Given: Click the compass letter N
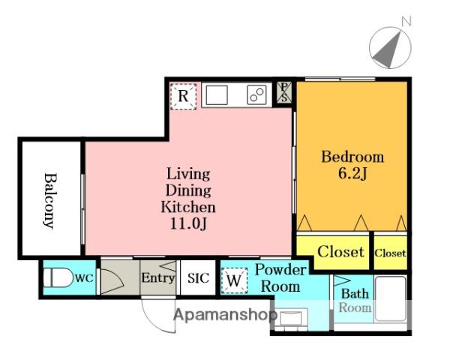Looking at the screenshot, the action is point(406,22).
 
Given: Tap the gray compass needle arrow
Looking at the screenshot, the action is point(388,52).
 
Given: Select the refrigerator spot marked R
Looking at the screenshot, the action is point(183,96).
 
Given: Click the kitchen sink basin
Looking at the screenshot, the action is point(217,95).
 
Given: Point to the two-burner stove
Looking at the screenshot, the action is point(256,95).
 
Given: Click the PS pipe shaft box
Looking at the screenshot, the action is point(284,92).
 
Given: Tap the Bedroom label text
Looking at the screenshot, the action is point(352,157).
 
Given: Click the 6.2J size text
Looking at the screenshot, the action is point(352,173).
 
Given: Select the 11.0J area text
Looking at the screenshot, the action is point(188,223).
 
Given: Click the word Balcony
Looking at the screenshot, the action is point(50,200).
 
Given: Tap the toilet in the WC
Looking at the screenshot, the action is point(58,277).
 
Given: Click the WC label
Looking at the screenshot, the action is point(84,278).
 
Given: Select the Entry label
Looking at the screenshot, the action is point(157,278).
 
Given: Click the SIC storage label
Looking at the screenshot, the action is point(198,278).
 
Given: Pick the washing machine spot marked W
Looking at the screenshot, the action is point(234,280).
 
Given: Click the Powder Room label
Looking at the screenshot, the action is point(280,278).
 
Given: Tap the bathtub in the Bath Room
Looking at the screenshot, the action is point(391,298).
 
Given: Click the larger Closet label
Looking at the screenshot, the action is point(341,252).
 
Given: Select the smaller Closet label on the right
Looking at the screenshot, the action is point(390,253).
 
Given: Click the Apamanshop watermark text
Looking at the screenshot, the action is point(226,315).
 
